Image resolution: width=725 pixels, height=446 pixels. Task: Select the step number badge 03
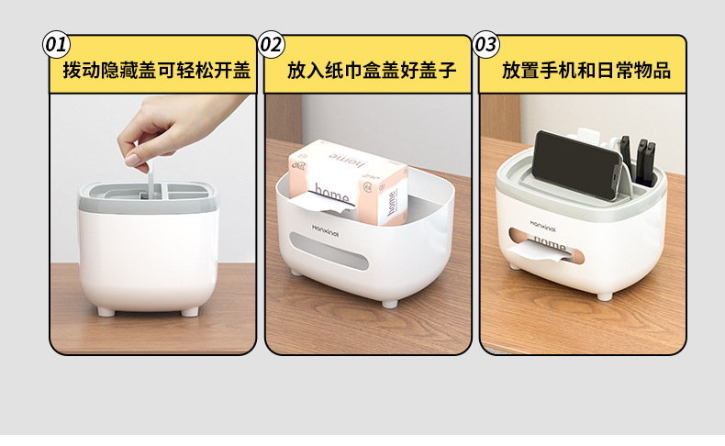(485, 44)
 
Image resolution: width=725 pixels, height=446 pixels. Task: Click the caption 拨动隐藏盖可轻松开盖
(156, 71)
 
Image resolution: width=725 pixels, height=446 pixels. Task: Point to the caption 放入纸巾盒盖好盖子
(371, 71)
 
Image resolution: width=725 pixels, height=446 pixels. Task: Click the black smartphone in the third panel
(578, 165)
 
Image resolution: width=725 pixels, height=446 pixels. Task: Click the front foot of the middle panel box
(389, 302)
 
